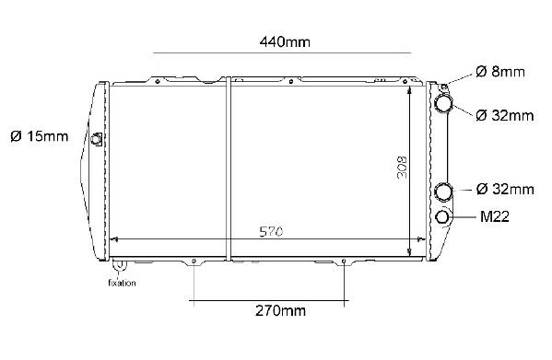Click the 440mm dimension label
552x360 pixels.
pos(285,42)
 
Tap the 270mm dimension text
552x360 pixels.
pos(280,311)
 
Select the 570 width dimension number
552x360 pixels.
pos(271,232)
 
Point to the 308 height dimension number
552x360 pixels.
pos(402,168)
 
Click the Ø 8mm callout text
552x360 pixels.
pos(499,72)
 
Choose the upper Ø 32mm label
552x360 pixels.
pos(504,115)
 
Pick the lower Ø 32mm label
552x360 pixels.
pos(505,189)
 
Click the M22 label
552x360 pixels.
pos(495,216)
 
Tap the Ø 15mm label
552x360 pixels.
pos(40,136)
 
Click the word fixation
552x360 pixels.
pos(122,283)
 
